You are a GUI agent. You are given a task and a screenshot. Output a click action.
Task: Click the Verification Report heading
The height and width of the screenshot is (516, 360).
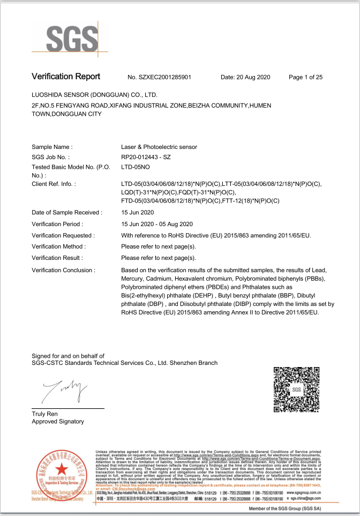[x=66, y=77]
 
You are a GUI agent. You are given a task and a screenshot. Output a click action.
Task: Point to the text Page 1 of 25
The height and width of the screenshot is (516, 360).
[x=305, y=77]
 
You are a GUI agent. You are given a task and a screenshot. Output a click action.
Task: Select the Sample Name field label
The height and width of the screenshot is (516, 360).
[x=52, y=147]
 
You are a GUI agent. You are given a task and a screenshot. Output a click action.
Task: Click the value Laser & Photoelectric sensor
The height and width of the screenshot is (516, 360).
[x=159, y=147]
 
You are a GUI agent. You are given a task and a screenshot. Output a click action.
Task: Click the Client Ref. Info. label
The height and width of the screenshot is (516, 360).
[x=54, y=184]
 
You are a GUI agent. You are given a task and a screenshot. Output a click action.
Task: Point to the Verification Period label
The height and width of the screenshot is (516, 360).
[x=57, y=224]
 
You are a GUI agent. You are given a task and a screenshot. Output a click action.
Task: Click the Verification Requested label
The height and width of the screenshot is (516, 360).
[x=63, y=235]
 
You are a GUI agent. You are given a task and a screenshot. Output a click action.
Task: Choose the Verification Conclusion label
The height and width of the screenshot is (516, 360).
[x=63, y=270]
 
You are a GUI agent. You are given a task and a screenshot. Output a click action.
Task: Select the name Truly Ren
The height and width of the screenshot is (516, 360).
[x=44, y=414]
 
